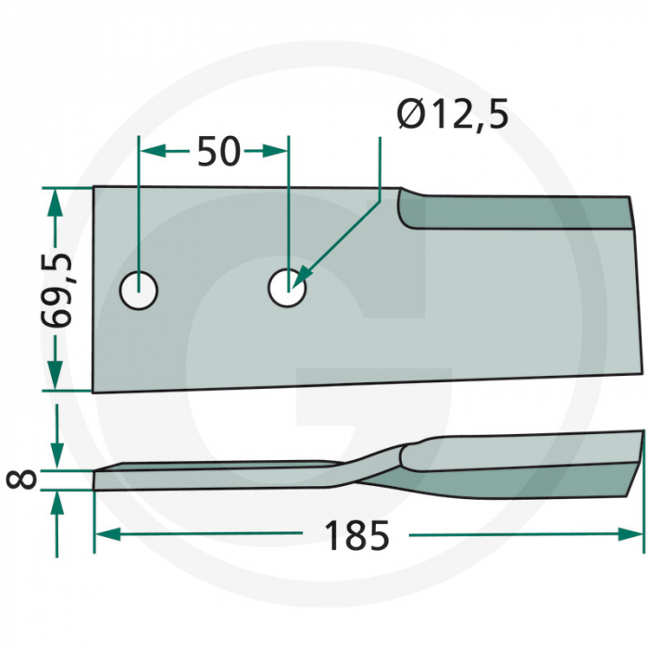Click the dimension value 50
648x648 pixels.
[x=218, y=151]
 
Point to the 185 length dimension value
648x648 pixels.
[x=355, y=536]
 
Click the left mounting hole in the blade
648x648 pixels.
[x=140, y=290]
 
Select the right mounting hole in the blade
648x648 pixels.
[x=287, y=288]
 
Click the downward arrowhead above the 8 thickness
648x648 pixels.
[x=57, y=457]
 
